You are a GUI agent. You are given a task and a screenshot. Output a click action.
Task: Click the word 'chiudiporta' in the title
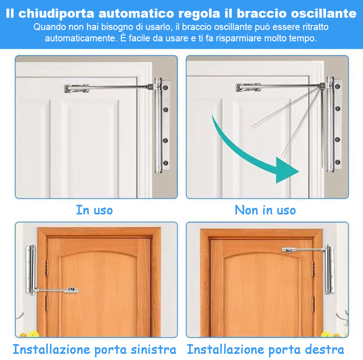click(56, 14)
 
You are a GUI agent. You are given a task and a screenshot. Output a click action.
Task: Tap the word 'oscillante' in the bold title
click(324, 13)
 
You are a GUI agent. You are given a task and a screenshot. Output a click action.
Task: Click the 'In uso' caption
click(94, 210)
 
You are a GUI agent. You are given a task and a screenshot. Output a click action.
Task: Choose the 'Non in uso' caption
click(265, 210)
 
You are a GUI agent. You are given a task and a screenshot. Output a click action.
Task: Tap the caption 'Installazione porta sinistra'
click(94, 350)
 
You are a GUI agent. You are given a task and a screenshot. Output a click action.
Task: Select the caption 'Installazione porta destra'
click(265, 350)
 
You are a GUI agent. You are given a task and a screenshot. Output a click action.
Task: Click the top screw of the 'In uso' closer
click(166, 88)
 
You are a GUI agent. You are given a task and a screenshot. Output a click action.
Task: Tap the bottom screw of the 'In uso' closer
click(166, 163)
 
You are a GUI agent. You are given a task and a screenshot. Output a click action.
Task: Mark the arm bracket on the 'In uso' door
click(77, 88)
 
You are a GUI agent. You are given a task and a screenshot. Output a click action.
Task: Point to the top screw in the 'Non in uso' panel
click(338, 87)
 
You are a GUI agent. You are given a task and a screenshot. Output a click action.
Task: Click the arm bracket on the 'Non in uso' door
click(248, 87)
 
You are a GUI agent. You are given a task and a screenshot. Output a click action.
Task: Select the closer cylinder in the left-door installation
click(31, 270)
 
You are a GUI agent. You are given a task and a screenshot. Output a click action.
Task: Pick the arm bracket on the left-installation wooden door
click(71, 290)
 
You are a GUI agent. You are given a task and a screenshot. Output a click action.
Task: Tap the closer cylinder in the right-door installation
click(329, 269)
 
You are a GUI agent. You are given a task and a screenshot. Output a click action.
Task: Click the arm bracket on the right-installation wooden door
click(289, 250)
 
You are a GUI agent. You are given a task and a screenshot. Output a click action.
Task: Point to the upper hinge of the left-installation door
click(47, 268)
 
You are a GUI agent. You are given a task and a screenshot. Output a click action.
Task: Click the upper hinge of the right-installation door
click(313, 269)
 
